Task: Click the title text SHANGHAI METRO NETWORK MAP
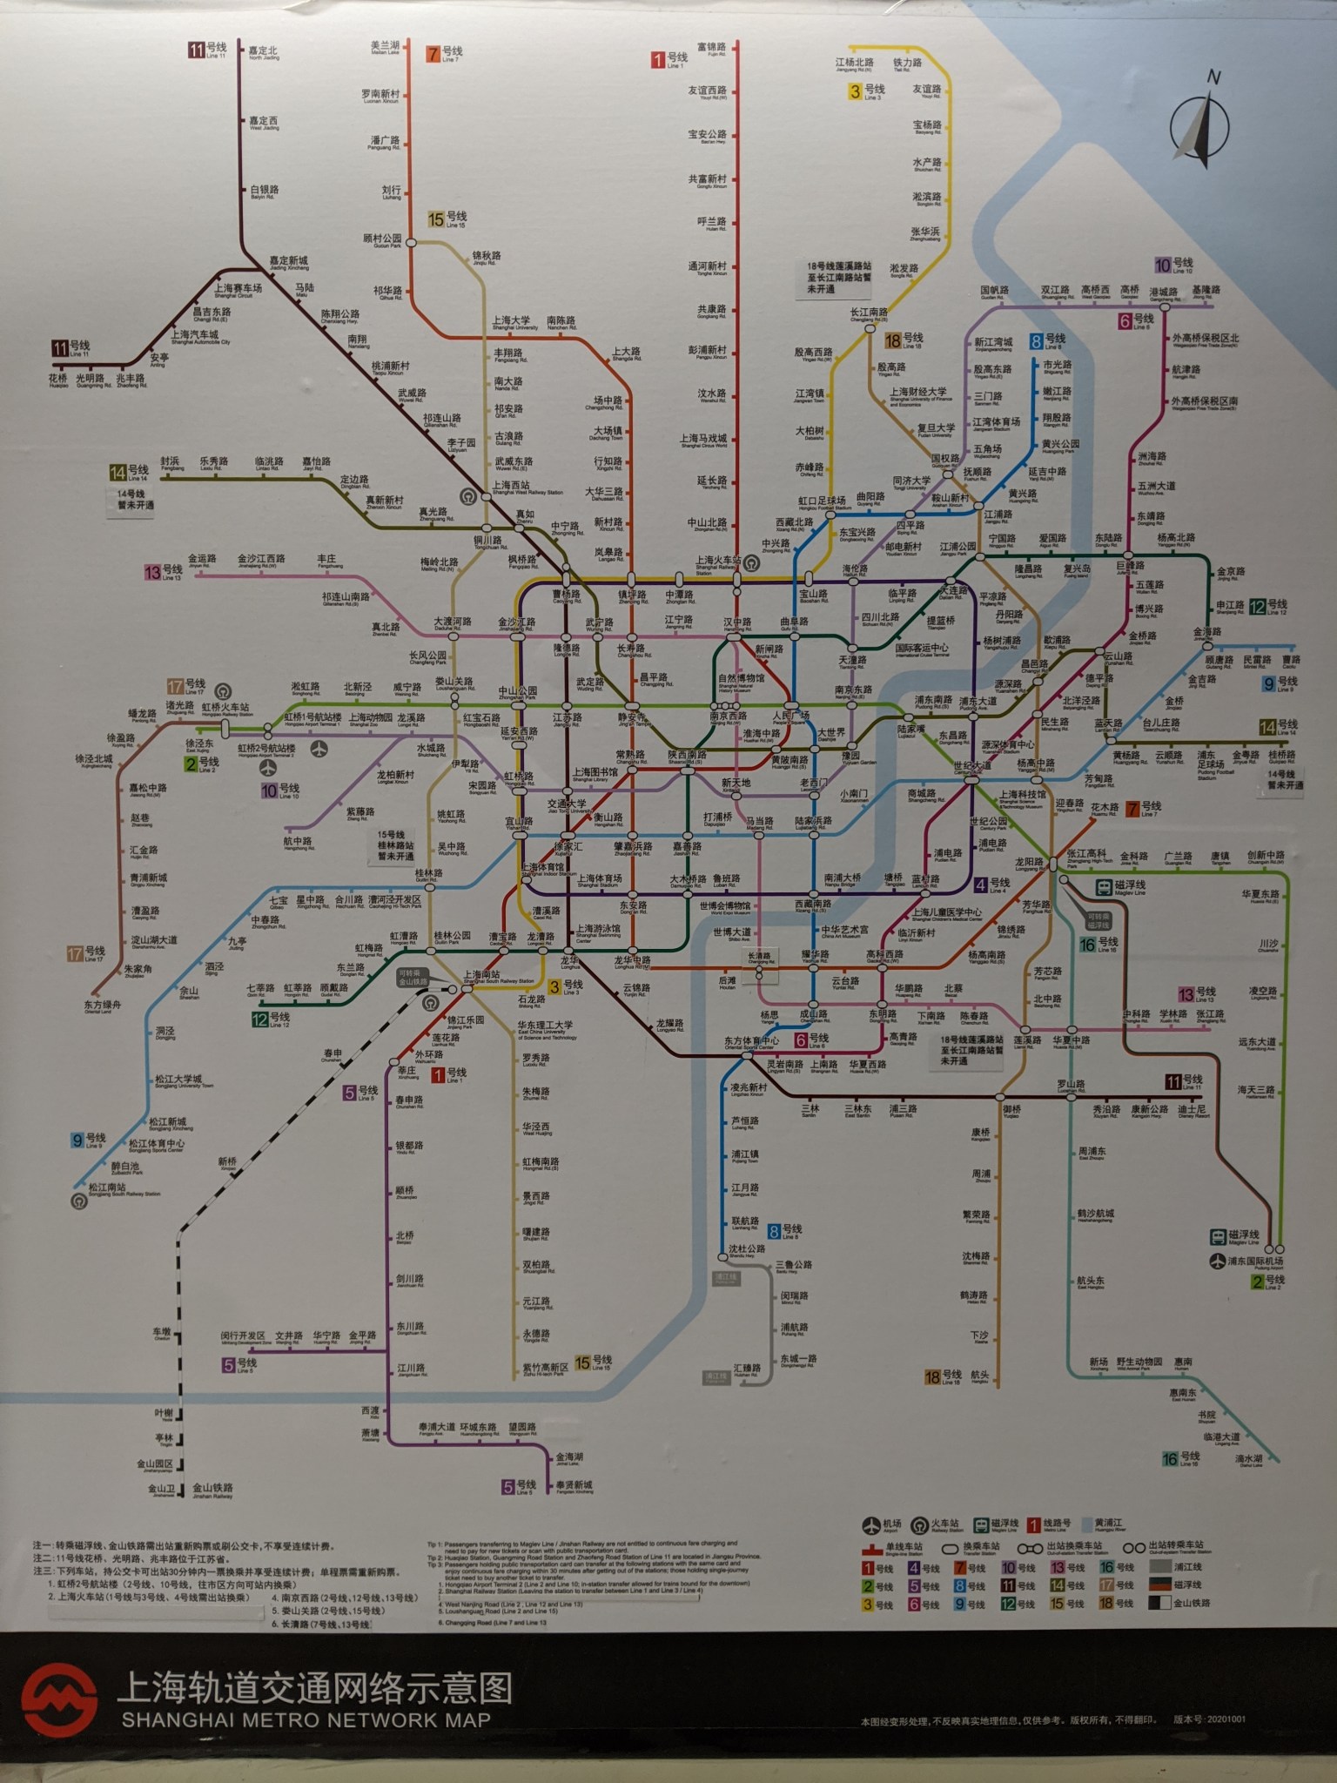tap(306, 1720)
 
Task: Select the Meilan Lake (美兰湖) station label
tap(385, 47)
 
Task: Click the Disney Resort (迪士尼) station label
tap(1192, 1111)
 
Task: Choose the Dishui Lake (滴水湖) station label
tap(1250, 1460)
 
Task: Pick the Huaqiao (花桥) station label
tap(58, 380)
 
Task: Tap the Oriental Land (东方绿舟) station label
tap(104, 1006)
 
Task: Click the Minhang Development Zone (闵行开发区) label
tap(243, 1336)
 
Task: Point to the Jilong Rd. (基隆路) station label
tap(1206, 291)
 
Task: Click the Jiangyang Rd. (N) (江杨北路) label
tap(854, 64)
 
